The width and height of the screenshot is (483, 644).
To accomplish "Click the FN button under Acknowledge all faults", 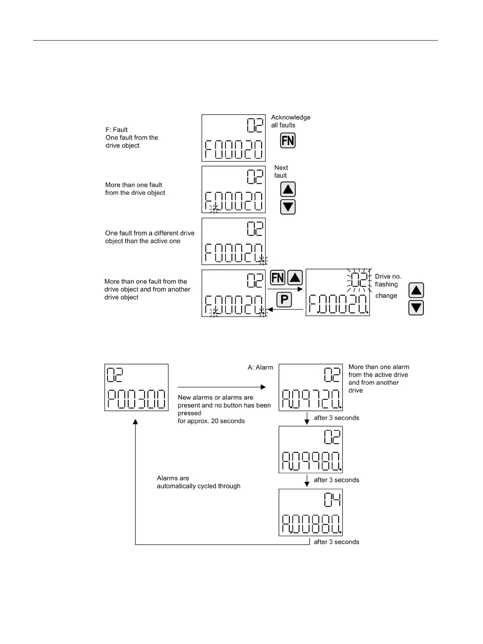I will [x=288, y=140].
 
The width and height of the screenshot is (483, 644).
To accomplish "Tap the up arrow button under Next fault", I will [x=288, y=190].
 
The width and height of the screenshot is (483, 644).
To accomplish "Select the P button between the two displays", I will [x=284, y=300].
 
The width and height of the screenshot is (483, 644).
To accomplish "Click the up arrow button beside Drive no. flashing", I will [x=416, y=291].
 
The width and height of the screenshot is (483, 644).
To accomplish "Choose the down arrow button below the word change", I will [x=416, y=308].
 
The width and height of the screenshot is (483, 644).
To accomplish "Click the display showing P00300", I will [x=136, y=388].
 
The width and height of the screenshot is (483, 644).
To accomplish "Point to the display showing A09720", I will [x=311, y=388].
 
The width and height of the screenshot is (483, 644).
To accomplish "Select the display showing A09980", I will [x=311, y=450].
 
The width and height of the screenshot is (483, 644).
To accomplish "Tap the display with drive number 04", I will [x=311, y=512].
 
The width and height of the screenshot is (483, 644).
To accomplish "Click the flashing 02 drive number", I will [x=359, y=280].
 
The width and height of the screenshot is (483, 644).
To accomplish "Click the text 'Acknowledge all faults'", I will [x=290, y=121].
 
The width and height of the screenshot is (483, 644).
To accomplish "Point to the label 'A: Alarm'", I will [x=260, y=367].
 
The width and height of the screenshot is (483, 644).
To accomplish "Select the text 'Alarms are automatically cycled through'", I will [x=198, y=482].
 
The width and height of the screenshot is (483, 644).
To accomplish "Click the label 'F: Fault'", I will [x=117, y=130].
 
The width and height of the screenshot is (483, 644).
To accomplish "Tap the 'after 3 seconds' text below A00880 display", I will [x=336, y=542].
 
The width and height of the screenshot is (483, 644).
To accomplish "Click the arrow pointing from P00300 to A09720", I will [x=221, y=387].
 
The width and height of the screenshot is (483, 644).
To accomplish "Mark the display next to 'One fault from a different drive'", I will [x=234, y=241].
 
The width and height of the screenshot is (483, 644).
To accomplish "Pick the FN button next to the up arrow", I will [x=278, y=278].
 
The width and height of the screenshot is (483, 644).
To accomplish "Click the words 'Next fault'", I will [x=281, y=172].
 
